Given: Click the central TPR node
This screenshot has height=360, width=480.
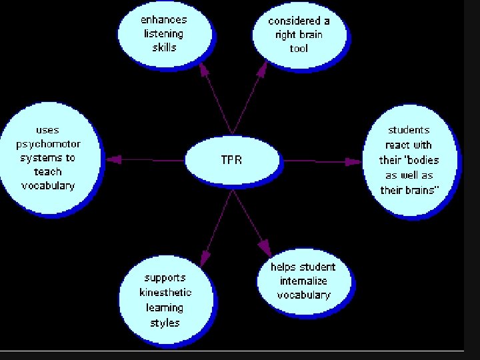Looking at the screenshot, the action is point(231,160).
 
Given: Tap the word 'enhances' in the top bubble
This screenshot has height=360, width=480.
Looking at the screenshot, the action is point(165,19).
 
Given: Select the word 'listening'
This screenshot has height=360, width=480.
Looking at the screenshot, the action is point(165,33).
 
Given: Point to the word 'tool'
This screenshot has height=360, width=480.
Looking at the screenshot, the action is point(299,48).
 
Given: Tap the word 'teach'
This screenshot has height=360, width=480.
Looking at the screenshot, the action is point(48,171).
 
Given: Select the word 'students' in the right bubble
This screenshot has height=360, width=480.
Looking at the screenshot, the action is point(409,130).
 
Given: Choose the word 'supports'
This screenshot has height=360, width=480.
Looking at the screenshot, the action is point(165,277).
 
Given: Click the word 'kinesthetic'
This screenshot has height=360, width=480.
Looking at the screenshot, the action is point(165,292).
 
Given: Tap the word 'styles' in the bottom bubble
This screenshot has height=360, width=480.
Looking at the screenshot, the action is point(165,323).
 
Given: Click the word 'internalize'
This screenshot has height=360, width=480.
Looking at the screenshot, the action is point(303,281).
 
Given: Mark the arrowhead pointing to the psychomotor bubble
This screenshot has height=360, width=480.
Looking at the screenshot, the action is point(114,159).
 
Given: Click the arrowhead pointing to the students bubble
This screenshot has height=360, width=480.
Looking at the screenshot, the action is point(351,160).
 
